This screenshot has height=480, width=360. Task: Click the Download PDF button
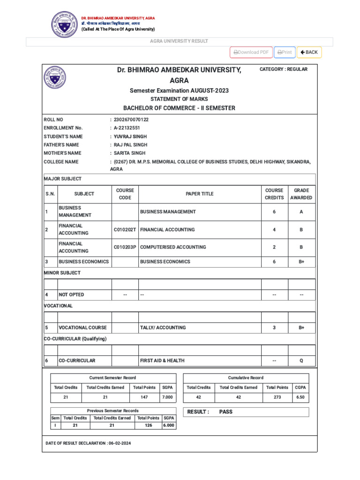click(251, 52)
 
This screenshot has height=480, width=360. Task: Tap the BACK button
click(309, 52)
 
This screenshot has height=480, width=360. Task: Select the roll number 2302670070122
click(131, 120)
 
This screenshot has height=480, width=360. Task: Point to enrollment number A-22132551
click(127, 128)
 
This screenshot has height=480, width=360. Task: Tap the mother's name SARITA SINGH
click(129, 153)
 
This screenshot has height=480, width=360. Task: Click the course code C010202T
click(125, 230)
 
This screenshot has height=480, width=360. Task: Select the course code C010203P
click(125, 247)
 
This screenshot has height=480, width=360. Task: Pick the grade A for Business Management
click(301, 212)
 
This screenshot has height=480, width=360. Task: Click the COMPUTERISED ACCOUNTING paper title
click(173, 247)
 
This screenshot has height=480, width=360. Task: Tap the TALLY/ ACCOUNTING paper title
click(163, 328)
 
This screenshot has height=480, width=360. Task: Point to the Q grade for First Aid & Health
click(301, 361)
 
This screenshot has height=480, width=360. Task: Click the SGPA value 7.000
click(167, 397)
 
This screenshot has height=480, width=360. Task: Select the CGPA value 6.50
click(300, 397)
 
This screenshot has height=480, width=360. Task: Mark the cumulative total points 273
click(277, 397)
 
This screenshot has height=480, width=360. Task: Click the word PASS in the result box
click(226, 412)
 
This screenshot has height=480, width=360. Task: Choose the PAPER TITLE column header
click(200, 194)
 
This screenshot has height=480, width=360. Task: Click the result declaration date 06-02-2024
click(120, 443)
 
